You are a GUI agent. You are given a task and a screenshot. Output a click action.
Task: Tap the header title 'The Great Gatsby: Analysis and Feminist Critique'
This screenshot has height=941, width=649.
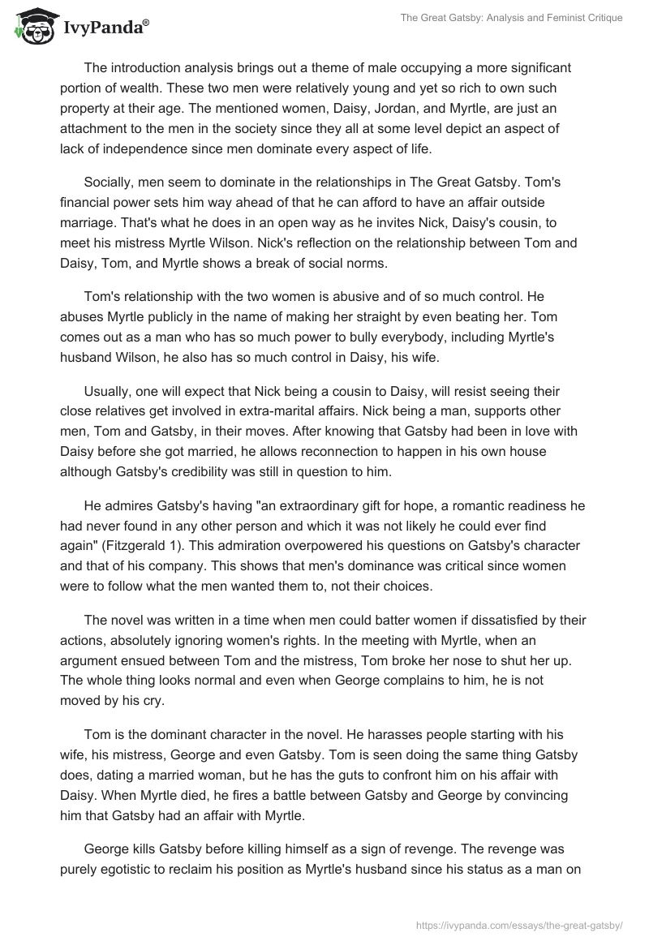click(x=512, y=18)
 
